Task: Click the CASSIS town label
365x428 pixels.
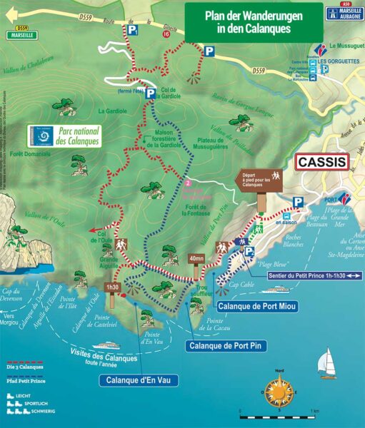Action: pyautogui.click(x=321, y=162)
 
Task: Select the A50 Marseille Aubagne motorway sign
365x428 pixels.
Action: pyautogui.click(x=344, y=14)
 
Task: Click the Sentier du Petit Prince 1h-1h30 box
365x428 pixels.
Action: pyautogui.click(x=312, y=274)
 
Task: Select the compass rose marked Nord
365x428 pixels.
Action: pyautogui.click(x=278, y=392)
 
